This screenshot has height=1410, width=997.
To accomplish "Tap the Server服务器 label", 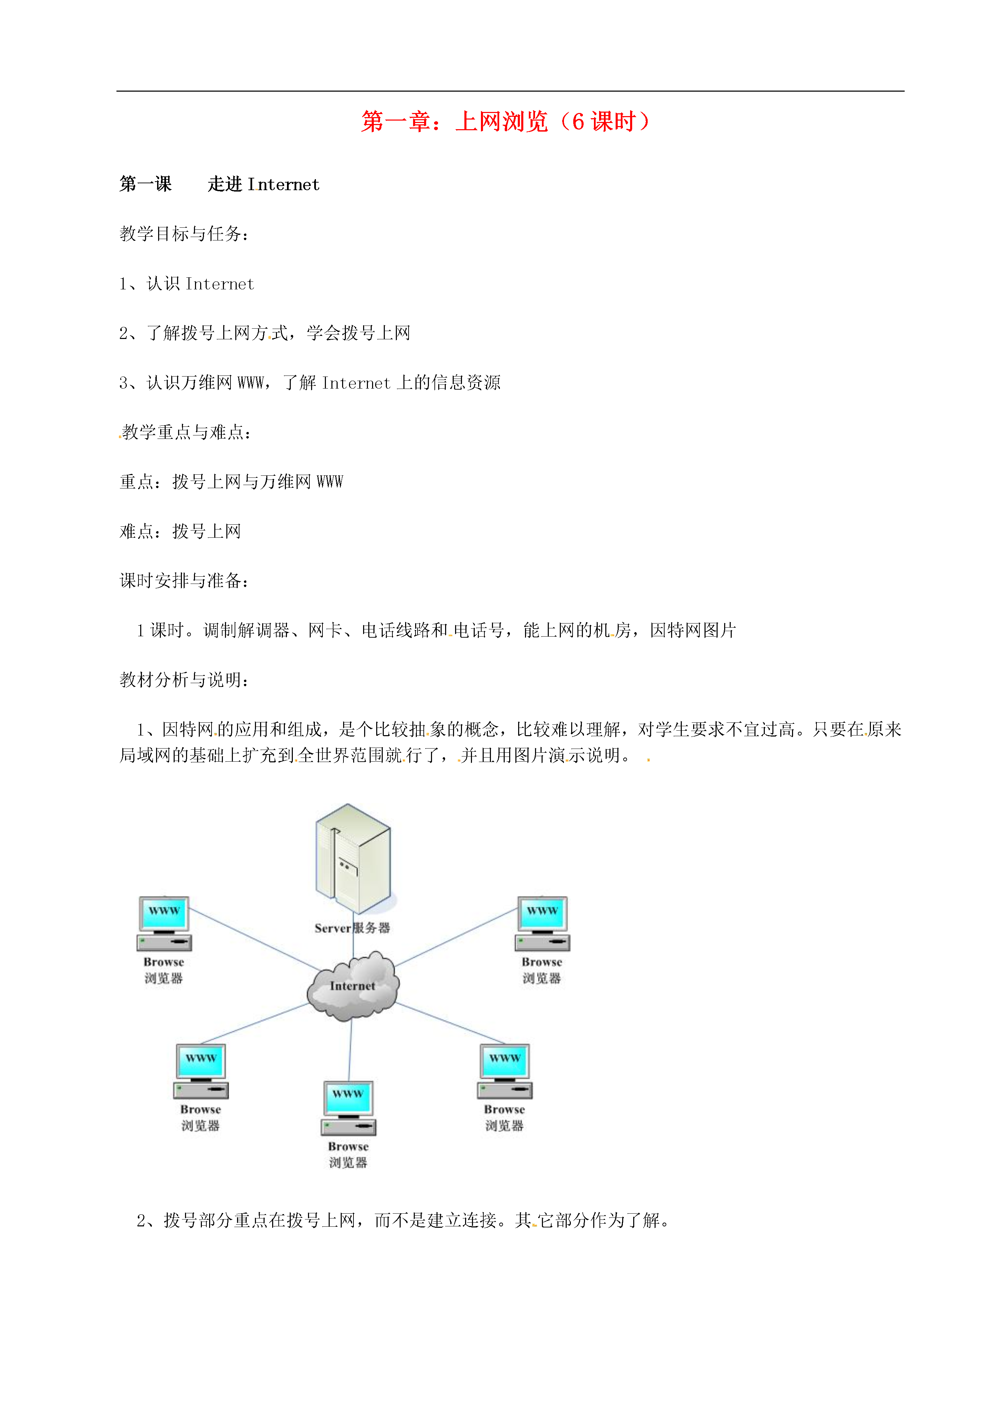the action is point(352,928).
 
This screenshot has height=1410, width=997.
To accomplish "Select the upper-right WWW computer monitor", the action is point(542,913).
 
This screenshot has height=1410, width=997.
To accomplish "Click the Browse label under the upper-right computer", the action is point(542,962).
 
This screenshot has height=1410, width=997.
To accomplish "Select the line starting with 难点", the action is point(180,531).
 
